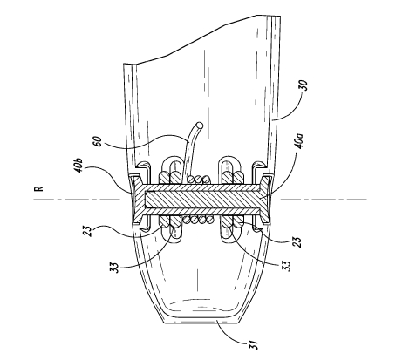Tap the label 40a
click(x=299, y=141)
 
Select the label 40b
click(x=79, y=166)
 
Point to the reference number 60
click(x=99, y=141)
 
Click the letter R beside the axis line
click(x=38, y=188)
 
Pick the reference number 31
click(x=253, y=345)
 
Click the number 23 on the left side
click(x=90, y=232)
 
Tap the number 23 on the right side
click(x=297, y=241)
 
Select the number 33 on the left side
click(x=114, y=268)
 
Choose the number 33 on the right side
click(x=287, y=265)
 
